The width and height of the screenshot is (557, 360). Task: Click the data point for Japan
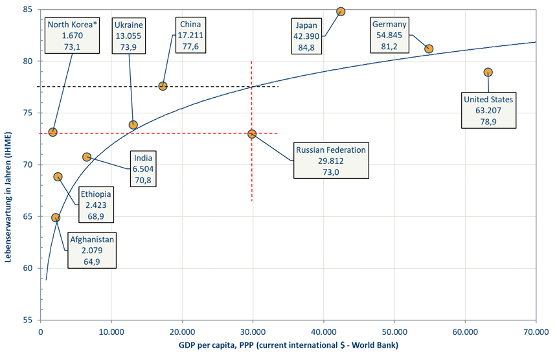tap(341, 12)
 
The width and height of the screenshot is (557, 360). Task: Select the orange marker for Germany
tap(429, 49)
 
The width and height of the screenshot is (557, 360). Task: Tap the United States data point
tap(488, 72)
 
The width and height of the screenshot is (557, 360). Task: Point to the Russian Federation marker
tap(252, 134)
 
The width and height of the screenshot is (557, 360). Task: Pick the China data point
tap(163, 86)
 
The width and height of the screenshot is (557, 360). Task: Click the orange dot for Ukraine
tap(133, 125)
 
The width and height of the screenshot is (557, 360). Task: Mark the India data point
tap(87, 157)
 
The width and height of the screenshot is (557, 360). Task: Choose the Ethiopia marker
tap(58, 177)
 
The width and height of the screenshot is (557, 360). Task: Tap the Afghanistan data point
tap(56, 218)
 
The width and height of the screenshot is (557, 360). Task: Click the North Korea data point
tap(52, 132)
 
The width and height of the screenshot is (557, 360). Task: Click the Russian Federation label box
tap(330, 161)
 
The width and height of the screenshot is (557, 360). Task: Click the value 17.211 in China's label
tap(190, 36)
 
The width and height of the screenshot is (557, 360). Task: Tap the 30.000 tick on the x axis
tap(253, 332)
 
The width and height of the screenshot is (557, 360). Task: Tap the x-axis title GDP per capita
tap(288, 346)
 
